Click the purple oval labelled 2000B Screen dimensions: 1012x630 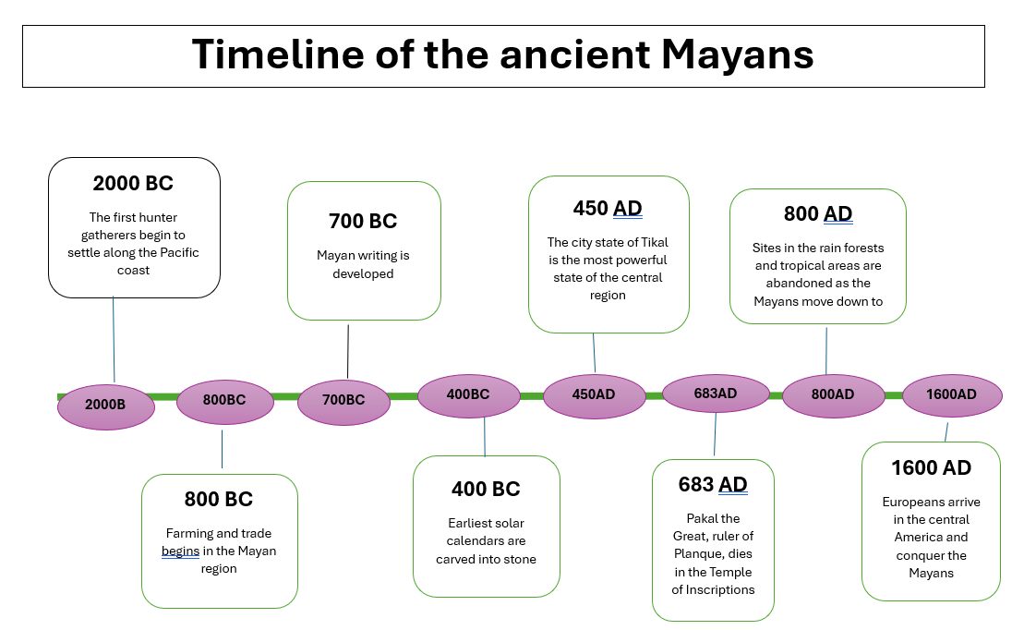pyautogui.click(x=106, y=406)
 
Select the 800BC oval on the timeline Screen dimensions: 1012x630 pyautogui.click(x=225, y=402)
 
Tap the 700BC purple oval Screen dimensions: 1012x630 pyautogui.click(x=344, y=402)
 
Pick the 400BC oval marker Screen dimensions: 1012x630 pyautogui.click(x=468, y=396)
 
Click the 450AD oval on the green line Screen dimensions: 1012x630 pyautogui.click(x=595, y=396)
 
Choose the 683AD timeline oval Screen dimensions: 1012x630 pyautogui.click(x=716, y=394)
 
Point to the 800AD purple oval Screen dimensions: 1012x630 pyautogui.click(x=833, y=395)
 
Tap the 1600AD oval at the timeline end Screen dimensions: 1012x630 pyautogui.click(x=952, y=395)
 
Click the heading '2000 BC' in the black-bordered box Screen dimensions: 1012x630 pyautogui.click(x=133, y=183)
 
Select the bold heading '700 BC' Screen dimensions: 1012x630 pyautogui.click(x=363, y=221)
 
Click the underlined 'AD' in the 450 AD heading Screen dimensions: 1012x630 pyautogui.click(x=627, y=209)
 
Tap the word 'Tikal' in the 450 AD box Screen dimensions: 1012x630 pyautogui.click(x=654, y=242)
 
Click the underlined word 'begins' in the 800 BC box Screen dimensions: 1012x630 pyautogui.click(x=180, y=551)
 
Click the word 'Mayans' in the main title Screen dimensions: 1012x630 pyautogui.click(x=737, y=55)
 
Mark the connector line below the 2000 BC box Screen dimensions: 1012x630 pyautogui.click(x=114, y=340)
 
